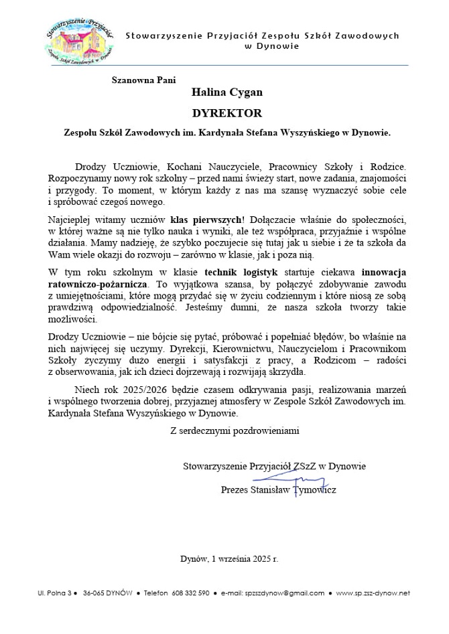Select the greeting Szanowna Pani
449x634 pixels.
(143, 80)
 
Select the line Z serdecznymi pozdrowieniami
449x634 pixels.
(235, 430)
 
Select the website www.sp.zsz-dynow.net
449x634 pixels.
(373, 593)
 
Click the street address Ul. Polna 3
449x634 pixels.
(54, 593)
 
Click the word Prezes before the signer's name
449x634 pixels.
(235, 490)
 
